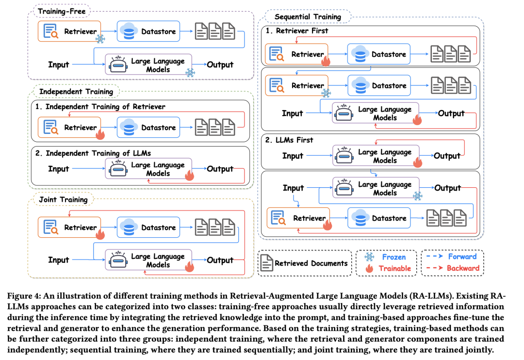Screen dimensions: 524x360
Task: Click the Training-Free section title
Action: click(62, 11)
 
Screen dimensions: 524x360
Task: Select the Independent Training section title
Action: click(76, 92)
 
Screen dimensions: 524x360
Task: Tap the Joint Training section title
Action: click(63, 199)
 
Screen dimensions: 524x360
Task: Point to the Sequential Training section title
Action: click(308, 16)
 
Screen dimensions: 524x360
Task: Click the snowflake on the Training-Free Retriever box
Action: click(100, 39)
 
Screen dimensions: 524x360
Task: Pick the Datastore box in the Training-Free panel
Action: click(148, 32)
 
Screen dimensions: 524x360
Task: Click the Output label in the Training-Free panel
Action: click(220, 65)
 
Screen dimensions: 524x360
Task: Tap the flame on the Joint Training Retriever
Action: click(100, 234)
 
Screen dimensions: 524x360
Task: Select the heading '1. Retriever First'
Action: click(297, 31)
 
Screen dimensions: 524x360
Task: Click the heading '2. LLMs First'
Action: click(289, 140)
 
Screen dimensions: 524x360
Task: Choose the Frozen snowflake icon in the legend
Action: click(369, 257)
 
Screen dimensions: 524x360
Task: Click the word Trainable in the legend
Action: click(394, 268)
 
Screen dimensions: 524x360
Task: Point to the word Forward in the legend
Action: click(462, 256)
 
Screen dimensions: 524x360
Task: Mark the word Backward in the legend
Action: click(463, 268)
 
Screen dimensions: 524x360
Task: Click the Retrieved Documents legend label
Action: click(311, 263)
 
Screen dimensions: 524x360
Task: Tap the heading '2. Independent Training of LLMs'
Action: click(93, 153)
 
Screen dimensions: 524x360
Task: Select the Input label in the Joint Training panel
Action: click(59, 260)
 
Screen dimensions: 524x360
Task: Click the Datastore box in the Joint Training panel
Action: click(148, 227)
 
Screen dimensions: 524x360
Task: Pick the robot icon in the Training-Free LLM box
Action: click(118, 64)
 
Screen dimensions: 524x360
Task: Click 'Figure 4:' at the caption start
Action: click(24, 296)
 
